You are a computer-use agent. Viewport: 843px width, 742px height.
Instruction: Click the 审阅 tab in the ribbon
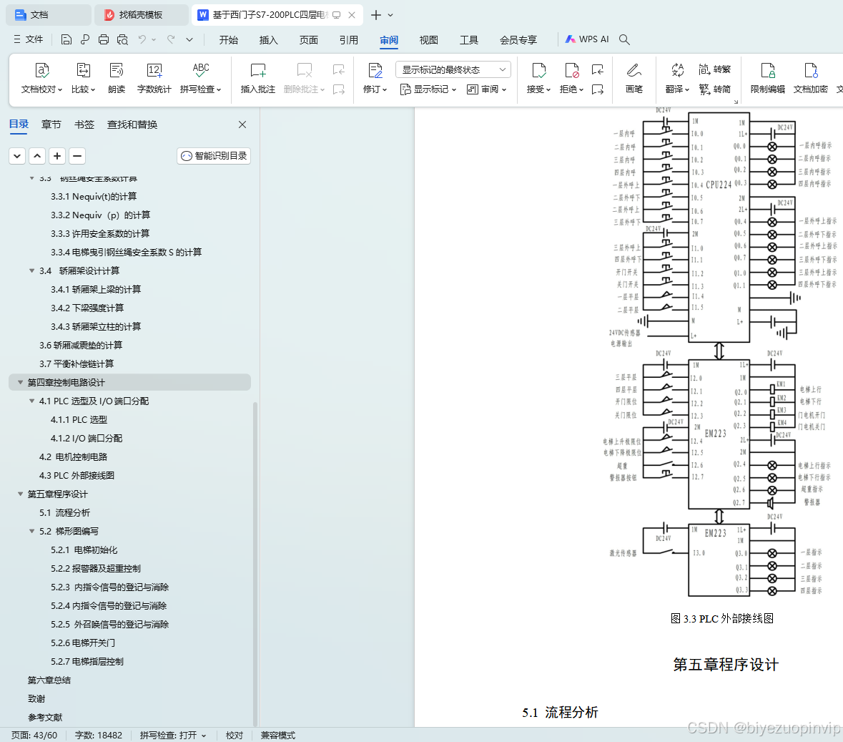point(389,40)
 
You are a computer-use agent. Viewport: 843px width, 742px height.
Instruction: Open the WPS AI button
point(587,39)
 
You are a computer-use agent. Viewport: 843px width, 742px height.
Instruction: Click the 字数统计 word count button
point(154,77)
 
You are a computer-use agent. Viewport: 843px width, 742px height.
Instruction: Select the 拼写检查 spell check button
point(200,77)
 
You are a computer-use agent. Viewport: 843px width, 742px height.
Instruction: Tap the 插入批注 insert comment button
point(258,77)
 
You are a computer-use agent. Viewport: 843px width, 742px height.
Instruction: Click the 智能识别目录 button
point(214,156)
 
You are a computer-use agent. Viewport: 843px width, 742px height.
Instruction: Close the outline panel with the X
point(242,125)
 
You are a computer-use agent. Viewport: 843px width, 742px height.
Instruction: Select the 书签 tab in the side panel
point(84,125)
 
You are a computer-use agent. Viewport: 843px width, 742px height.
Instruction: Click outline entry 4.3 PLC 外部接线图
point(77,475)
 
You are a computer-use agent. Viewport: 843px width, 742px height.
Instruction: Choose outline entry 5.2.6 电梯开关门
point(83,643)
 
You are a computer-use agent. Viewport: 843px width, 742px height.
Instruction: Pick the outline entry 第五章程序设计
point(57,494)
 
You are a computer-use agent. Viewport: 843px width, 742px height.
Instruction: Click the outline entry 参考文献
point(45,717)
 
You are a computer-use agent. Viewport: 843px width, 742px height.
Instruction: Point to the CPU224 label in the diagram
point(719,185)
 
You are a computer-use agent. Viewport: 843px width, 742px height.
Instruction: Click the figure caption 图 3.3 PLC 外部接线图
point(722,618)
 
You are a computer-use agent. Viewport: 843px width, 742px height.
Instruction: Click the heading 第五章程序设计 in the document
point(726,665)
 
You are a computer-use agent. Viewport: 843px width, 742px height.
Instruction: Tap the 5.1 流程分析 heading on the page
point(560,712)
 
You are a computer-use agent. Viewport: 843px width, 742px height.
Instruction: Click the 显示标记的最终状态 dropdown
point(453,69)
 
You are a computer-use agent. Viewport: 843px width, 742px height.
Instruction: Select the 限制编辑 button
point(768,77)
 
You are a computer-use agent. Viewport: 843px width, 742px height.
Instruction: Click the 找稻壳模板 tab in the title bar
point(139,14)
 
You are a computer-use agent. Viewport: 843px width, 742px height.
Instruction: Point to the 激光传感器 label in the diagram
point(623,553)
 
